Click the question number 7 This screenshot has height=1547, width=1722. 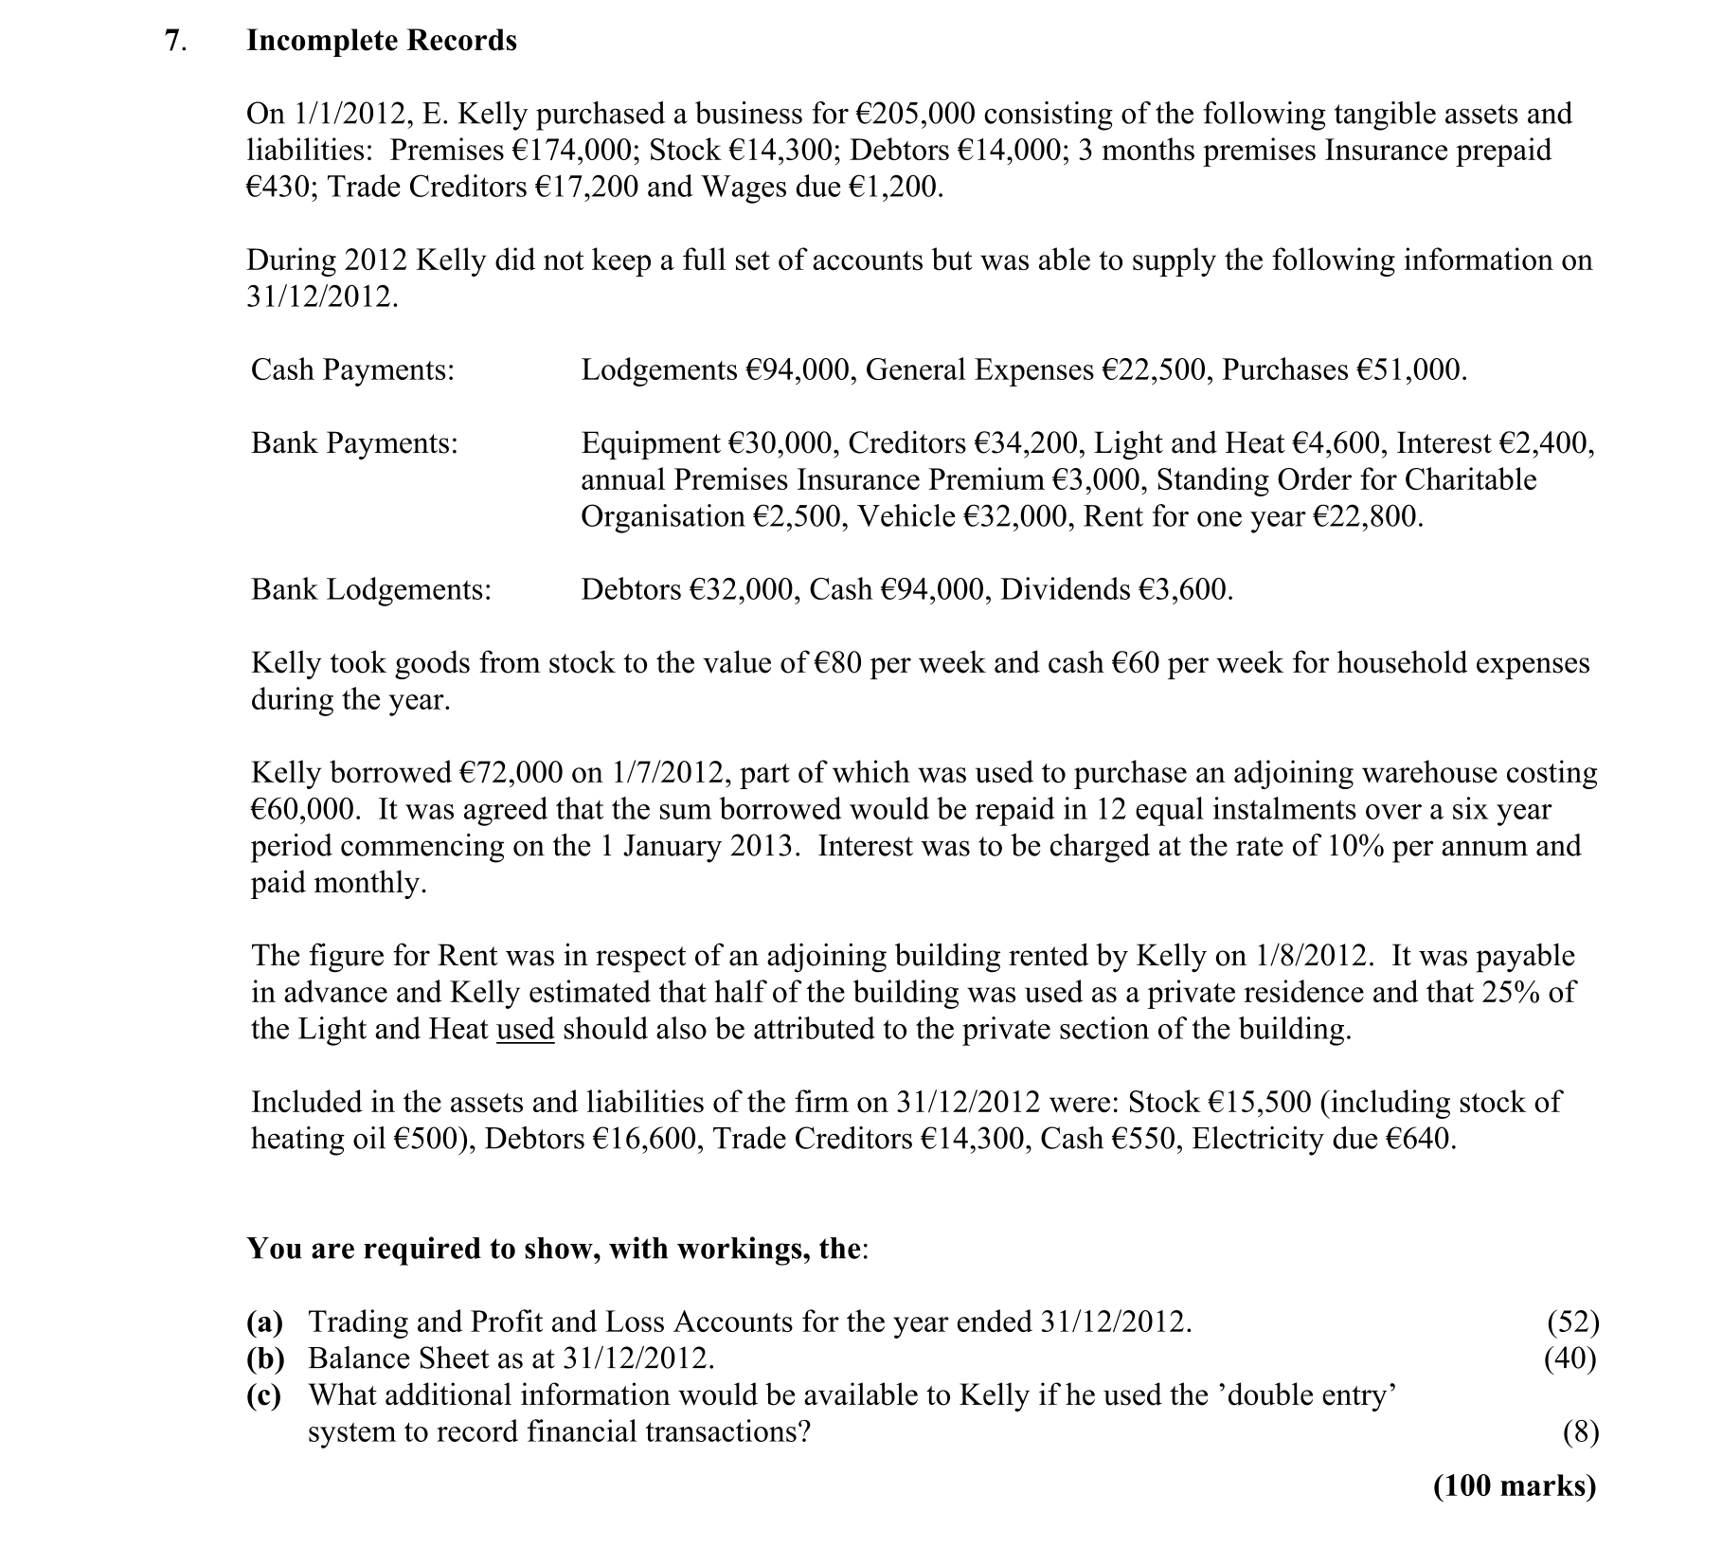point(171,41)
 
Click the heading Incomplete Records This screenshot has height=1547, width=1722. point(382,41)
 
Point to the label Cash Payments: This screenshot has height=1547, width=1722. point(352,369)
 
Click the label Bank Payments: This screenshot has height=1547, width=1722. point(354,442)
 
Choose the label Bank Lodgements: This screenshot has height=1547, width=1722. point(371,589)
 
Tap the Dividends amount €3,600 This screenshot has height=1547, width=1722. point(1187,589)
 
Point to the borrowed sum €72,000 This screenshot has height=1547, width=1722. point(512,773)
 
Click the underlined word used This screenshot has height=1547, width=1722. point(525,1029)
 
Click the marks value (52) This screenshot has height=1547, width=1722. point(1572,1322)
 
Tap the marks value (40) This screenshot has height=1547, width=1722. point(1570,1358)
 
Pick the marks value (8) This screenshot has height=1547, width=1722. point(1581,1431)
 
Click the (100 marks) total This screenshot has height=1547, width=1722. point(1515,1485)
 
